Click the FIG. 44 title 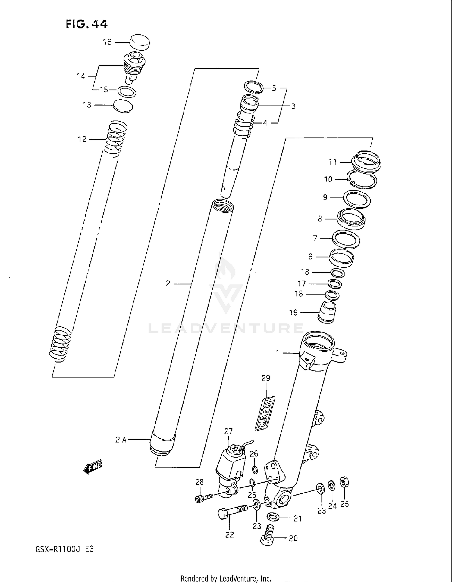[86, 24]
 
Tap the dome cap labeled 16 [140, 42]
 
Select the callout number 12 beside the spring [82, 139]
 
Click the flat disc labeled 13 [123, 106]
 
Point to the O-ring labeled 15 [126, 92]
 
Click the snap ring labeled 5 [254, 87]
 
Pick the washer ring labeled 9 [357, 199]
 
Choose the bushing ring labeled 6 [341, 258]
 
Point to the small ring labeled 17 [335, 283]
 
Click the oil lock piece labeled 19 [327, 313]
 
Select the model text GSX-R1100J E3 [65, 549]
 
